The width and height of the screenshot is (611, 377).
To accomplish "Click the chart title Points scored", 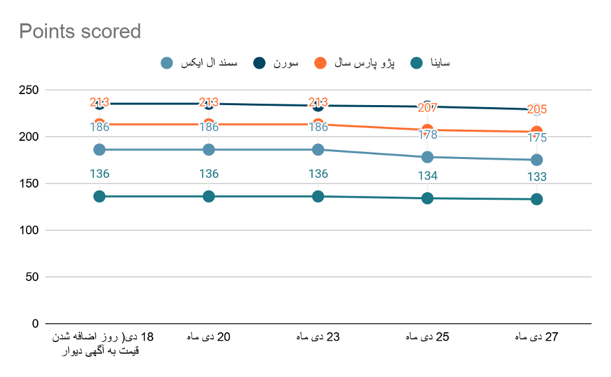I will coord(80,31).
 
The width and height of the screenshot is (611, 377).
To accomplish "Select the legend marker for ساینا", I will coord(418,63).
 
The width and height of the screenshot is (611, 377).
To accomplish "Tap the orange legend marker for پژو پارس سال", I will coord(320,63).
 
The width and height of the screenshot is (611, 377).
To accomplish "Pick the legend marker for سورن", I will coord(260,63).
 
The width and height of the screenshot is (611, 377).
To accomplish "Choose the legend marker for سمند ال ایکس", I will coord(167,63).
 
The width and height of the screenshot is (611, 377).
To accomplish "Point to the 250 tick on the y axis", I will coord(29,90).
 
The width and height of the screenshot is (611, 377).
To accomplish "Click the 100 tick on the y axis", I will coord(29,230).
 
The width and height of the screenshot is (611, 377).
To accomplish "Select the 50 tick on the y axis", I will coord(32,277).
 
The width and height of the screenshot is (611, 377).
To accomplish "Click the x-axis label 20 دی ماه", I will coord(208,337).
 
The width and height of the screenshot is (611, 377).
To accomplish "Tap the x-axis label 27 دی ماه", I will coord(537,337).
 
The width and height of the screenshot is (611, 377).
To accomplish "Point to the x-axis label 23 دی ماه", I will coord(318,337).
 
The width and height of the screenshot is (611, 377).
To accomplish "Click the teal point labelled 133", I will coord(537,199).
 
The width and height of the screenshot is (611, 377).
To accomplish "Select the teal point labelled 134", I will coord(427,198).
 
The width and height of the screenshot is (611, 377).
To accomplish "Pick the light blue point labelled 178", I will coord(427,157).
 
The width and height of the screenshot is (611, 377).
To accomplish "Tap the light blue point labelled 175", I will coord(537,160).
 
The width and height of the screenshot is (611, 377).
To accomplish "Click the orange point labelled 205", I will coord(537,132).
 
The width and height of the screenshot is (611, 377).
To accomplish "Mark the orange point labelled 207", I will coord(427,130).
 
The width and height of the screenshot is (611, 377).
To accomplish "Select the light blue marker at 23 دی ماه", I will coord(318,150).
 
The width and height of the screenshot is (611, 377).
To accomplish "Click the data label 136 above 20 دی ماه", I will coord(208,174).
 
